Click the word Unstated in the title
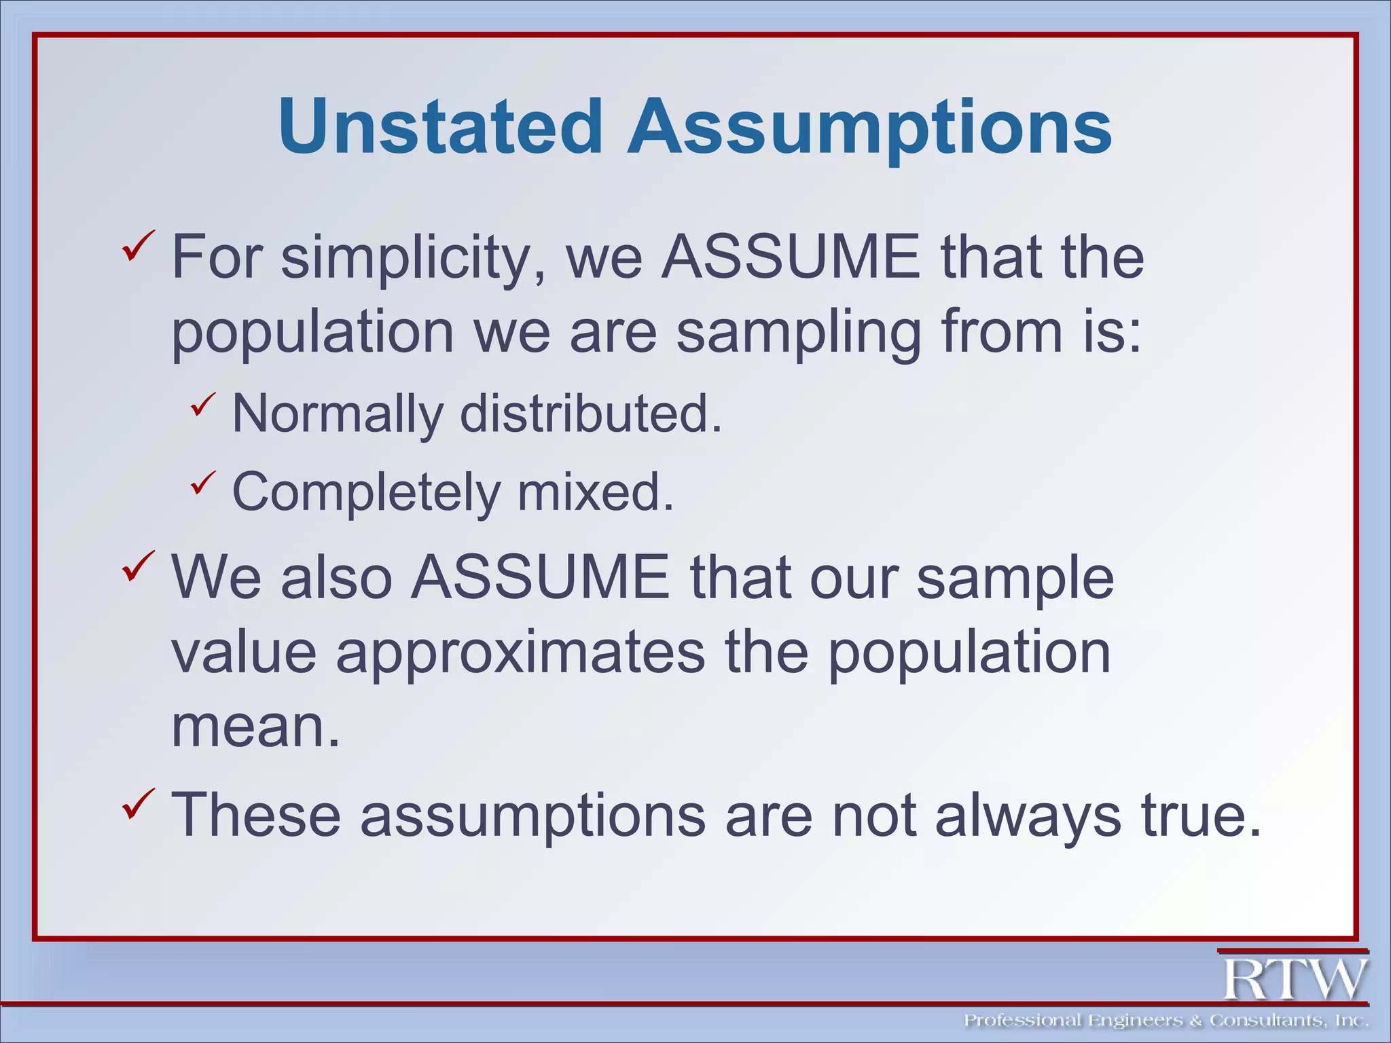[440, 127]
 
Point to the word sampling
[799, 334]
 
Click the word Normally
[337, 414]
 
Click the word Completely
[365, 492]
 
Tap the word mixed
[596, 492]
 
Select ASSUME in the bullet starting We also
[541, 577]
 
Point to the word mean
[255, 727]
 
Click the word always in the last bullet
[1028, 814]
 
